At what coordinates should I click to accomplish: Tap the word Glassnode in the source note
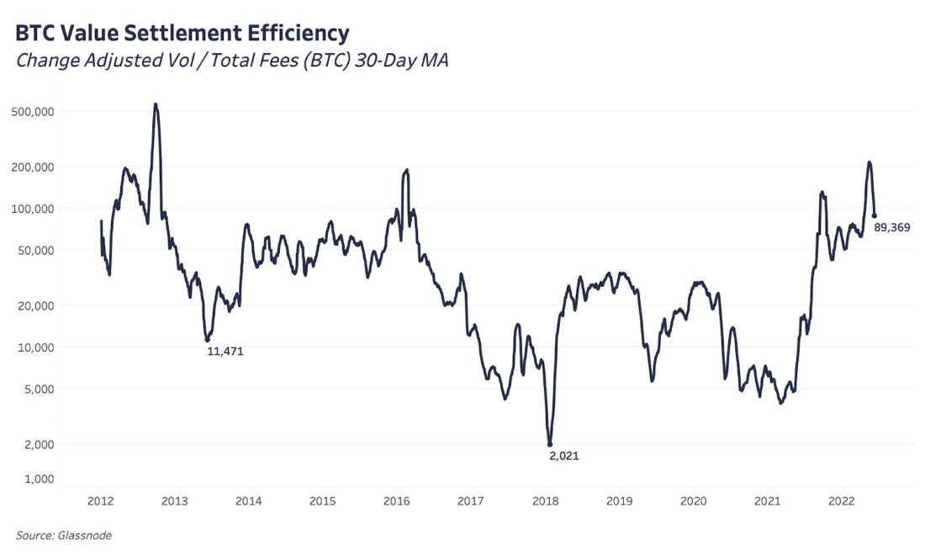tap(84, 535)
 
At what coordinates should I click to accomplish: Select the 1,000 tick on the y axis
tap(38, 478)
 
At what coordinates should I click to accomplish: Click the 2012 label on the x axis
tap(101, 501)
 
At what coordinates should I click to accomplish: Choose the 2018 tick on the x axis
tap(546, 501)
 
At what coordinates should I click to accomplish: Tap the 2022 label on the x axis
tap(842, 501)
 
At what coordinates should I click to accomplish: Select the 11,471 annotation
tap(225, 351)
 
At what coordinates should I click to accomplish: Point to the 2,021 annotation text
tap(563, 456)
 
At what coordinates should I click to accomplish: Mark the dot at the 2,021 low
tap(550, 444)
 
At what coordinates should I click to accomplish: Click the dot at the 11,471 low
tap(207, 339)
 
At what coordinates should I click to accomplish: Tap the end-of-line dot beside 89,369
tap(874, 216)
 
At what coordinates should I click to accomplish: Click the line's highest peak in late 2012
tap(156, 104)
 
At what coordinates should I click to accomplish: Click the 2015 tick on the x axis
tap(323, 501)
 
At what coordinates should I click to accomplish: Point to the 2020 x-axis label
tap(694, 501)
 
